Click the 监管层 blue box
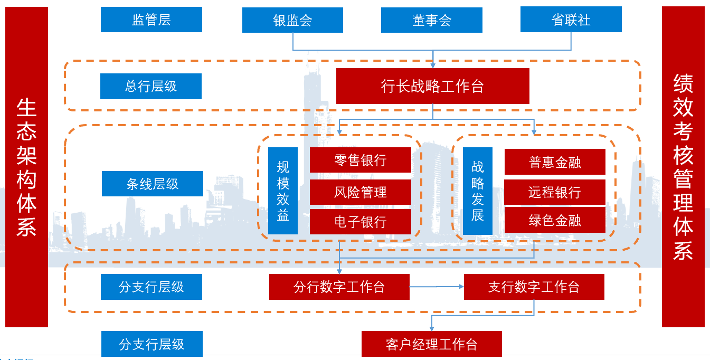[152, 20]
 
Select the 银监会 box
[292, 20]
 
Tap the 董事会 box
[432, 20]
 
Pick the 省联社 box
[571, 20]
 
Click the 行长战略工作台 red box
[433, 86]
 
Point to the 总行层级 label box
[151, 86]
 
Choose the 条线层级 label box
[152, 184]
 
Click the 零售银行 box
[361, 160]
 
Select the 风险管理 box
[361, 192]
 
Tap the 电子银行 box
[361, 222]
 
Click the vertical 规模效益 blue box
[283, 191]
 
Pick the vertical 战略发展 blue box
[478, 191]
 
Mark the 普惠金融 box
[555, 162]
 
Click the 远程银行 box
[555, 192]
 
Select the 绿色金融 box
[555, 220]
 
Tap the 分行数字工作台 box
[339, 287]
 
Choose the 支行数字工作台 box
[534, 287]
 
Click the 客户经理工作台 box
[432, 344]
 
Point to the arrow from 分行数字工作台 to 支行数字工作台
[437, 287]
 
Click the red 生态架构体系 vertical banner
[26, 167]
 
